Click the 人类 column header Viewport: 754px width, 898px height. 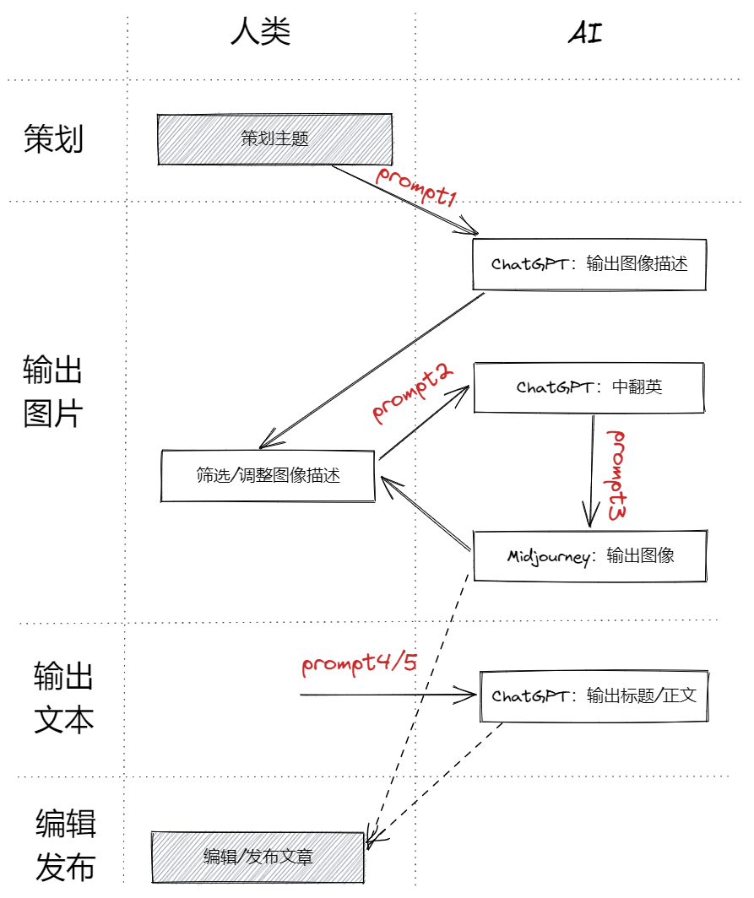click(x=260, y=31)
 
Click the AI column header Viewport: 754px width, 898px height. click(x=584, y=33)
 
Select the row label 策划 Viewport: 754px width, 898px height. click(x=54, y=139)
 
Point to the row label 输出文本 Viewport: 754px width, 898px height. click(x=63, y=698)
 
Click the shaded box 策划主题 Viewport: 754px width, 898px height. click(x=274, y=139)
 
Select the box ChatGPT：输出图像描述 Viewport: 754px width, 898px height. click(x=589, y=264)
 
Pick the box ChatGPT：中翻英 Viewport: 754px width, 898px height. click(x=589, y=387)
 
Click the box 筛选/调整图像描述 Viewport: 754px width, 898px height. click(x=268, y=476)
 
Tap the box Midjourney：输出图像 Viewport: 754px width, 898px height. click(x=589, y=556)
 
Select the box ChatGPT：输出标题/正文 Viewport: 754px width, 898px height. click(x=594, y=696)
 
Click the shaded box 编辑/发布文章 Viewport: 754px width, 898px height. click(x=258, y=857)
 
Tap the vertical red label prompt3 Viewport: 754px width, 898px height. click(x=619, y=474)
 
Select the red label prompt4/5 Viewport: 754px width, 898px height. click(x=360, y=663)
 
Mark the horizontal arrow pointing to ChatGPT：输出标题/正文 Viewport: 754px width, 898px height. click(x=388, y=695)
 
